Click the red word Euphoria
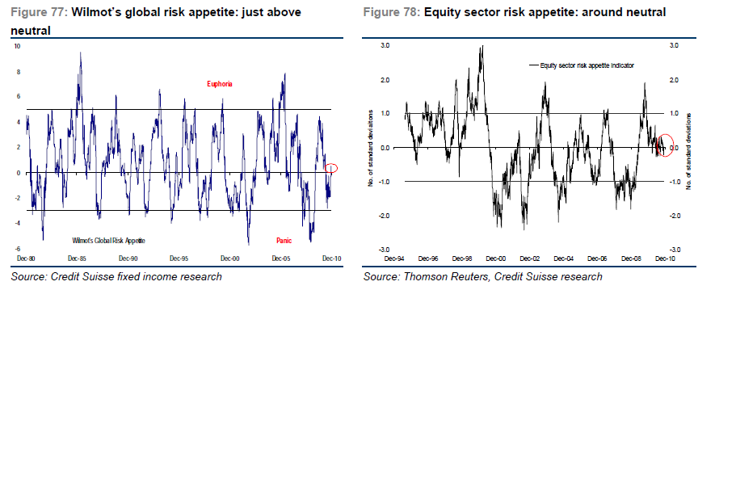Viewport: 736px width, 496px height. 220,84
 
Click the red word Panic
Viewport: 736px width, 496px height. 284,240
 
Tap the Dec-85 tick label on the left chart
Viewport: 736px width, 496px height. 78,259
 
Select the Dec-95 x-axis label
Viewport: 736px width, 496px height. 179,259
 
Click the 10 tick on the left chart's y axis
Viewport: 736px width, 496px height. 17,47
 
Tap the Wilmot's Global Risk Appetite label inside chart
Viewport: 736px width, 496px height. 108,241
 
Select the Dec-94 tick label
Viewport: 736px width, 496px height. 394,259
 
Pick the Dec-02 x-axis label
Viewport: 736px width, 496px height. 530,259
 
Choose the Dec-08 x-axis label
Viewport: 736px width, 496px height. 632,259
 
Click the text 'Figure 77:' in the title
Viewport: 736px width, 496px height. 40,13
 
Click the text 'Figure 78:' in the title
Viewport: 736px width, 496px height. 391,13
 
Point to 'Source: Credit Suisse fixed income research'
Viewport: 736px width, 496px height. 116,276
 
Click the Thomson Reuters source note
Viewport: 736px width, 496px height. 482,276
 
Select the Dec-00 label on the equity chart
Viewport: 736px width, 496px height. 496,259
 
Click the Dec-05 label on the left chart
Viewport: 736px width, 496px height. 282,259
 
